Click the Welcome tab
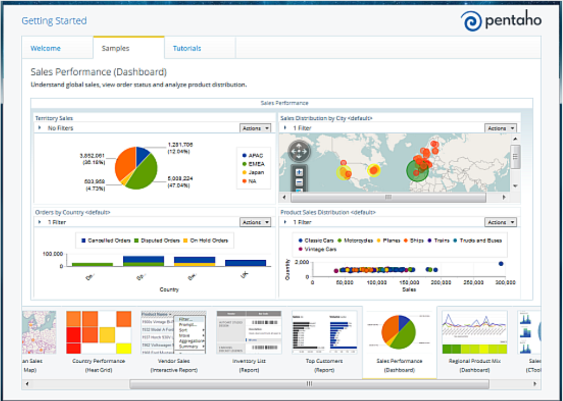pyautogui.click(x=46, y=48)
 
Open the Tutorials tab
pyautogui.click(x=187, y=48)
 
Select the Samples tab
pyautogui.click(x=116, y=48)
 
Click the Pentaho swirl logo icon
pyautogui.click(x=471, y=21)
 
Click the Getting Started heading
pyautogui.click(x=54, y=21)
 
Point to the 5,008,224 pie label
pyautogui.click(x=180, y=178)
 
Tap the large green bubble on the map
pyautogui.click(x=417, y=170)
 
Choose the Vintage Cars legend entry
pyautogui.click(x=319, y=249)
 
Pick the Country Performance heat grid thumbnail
pyautogui.click(x=99, y=333)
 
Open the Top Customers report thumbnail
pyautogui.click(x=325, y=333)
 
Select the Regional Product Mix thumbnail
pyautogui.click(x=474, y=333)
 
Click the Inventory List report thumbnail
pyautogui.click(x=249, y=333)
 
